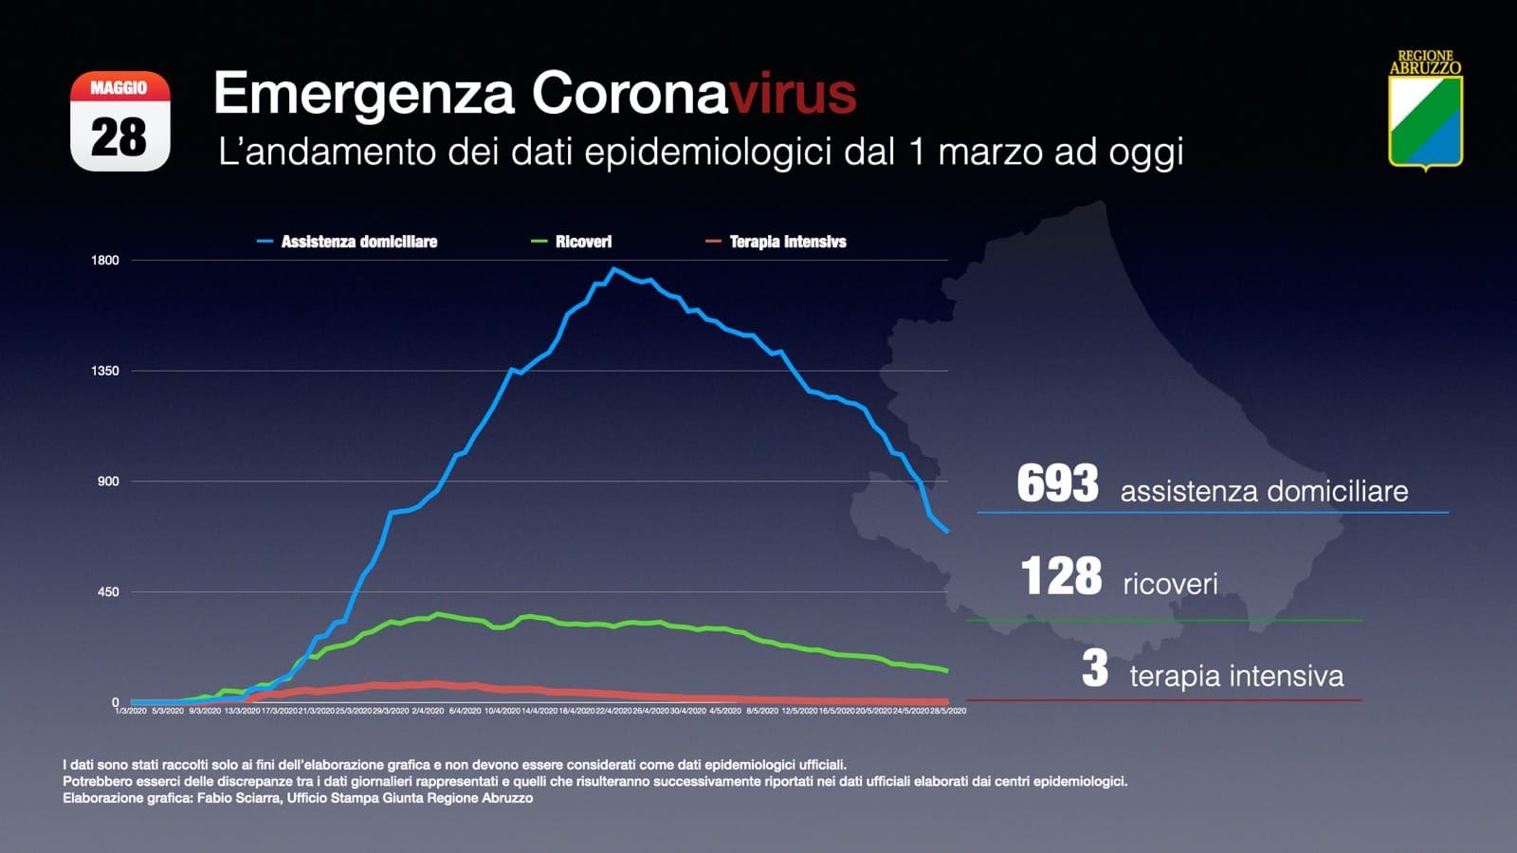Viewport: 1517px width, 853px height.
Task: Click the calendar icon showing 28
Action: (x=120, y=121)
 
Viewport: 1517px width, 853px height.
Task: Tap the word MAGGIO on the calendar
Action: (x=119, y=88)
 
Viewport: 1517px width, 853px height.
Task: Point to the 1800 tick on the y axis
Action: (x=105, y=261)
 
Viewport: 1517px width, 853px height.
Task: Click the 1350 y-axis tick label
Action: (x=105, y=371)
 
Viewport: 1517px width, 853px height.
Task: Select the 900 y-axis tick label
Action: (x=108, y=481)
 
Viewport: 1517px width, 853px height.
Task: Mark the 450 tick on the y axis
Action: (x=108, y=592)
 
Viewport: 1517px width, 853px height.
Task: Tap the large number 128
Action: (x=1061, y=576)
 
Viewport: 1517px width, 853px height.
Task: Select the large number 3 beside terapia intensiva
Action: (x=1095, y=668)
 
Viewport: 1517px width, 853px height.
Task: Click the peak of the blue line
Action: (x=614, y=269)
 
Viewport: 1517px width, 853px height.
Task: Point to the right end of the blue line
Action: (x=946, y=531)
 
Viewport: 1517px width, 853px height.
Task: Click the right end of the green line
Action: (x=946, y=670)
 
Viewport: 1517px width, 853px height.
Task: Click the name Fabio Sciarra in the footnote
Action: (x=238, y=798)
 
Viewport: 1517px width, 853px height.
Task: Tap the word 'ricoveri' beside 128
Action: (x=1170, y=584)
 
